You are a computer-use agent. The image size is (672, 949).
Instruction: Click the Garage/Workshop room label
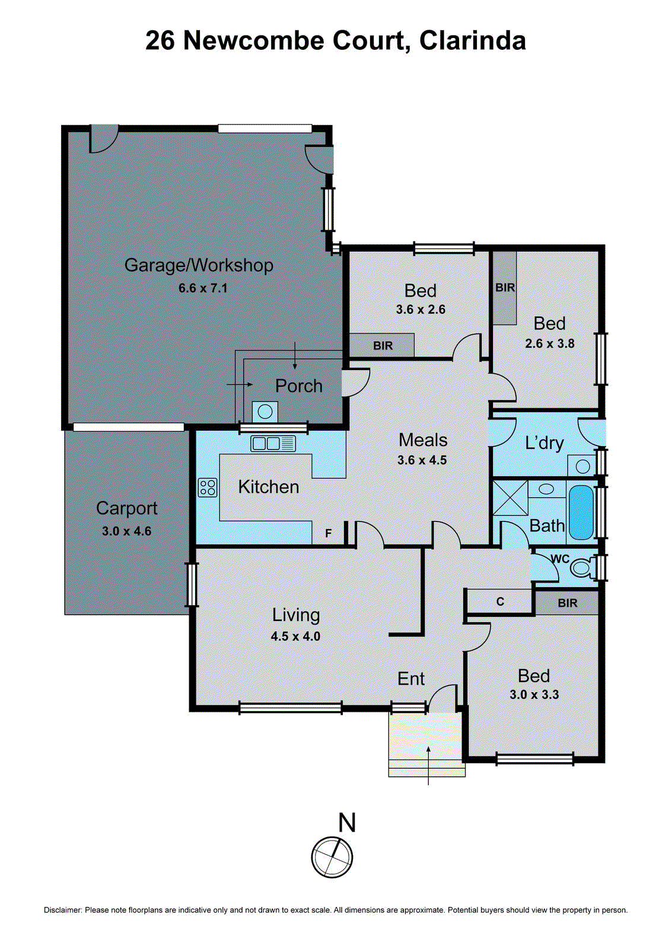click(x=199, y=265)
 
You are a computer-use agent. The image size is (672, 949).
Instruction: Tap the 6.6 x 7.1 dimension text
click(x=203, y=288)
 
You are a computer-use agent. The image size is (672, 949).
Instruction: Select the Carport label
click(x=126, y=508)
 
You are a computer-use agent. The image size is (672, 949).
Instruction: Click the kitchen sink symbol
click(x=273, y=443)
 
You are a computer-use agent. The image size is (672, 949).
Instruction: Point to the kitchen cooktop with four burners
click(x=208, y=488)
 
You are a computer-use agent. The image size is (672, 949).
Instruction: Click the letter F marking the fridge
click(x=329, y=534)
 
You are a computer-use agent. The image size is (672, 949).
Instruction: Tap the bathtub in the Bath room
click(x=581, y=512)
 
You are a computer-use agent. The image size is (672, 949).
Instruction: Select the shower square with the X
click(x=510, y=498)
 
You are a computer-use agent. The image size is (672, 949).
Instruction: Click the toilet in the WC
click(x=581, y=568)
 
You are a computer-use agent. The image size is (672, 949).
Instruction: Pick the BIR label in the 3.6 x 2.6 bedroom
click(x=383, y=346)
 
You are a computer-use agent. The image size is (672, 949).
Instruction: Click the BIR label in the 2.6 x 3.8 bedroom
click(x=505, y=288)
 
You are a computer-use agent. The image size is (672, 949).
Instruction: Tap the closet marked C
click(x=500, y=602)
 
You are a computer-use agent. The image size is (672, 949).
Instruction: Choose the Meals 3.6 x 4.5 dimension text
click(x=422, y=460)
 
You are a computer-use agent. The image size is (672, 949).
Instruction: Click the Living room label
click(x=296, y=615)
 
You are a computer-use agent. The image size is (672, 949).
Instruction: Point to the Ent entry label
click(x=411, y=679)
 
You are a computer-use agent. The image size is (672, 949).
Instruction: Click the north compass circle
click(x=332, y=857)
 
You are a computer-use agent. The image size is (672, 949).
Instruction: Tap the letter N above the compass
click(x=347, y=823)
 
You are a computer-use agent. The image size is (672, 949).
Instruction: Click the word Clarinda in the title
click(x=472, y=41)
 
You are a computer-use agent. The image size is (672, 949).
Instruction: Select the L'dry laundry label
click(x=544, y=443)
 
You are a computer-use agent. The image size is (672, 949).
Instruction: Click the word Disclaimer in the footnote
click(x=62, y=910)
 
